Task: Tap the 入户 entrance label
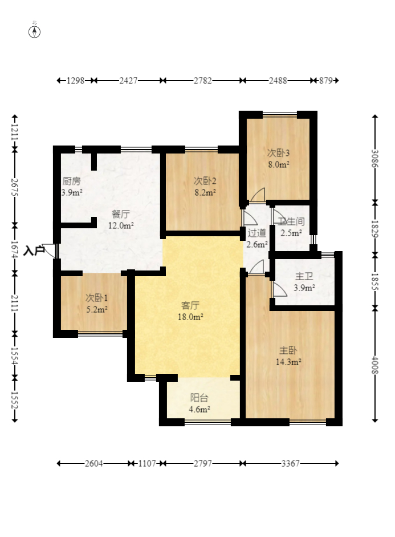pos(34,251)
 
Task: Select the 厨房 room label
pos(71,181)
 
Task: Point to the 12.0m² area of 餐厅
pos(121,225)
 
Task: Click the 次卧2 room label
pos(205,180)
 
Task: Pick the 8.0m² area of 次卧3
pos(279,164)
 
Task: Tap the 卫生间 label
pos(291,221)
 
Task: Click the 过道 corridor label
pos(257,233)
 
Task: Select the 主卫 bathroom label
pos(304,276)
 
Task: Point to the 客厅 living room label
pos(190,305)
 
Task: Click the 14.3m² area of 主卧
pos(288,362)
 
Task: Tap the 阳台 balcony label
pos(199,398)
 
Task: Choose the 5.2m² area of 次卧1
pos(97,310)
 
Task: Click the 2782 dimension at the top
pos(202,80)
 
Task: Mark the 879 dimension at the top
pos(326,80)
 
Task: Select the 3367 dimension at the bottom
pos(290,463)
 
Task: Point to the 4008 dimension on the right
pos(375,365)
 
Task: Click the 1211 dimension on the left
pos(15,132)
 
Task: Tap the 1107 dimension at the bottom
pos(146,463)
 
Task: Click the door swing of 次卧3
pos(257,195)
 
